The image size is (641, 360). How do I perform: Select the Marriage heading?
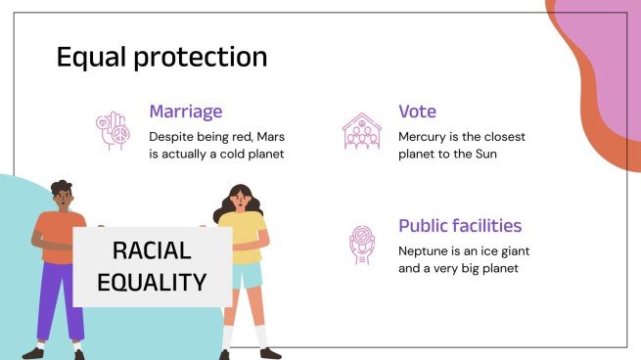(x=185, y=112)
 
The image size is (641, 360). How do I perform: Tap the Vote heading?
(x=417, y=112)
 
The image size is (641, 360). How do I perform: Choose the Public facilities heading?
(x=460, y=226)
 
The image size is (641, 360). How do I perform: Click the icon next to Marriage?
(x=113, y=132)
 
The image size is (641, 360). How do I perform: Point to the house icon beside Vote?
(x=361, y=132)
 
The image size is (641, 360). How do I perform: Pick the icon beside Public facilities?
(x=362, y=245)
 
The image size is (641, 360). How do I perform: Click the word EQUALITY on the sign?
(x=152, y=282)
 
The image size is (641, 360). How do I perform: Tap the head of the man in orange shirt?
(x=61, y=197)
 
